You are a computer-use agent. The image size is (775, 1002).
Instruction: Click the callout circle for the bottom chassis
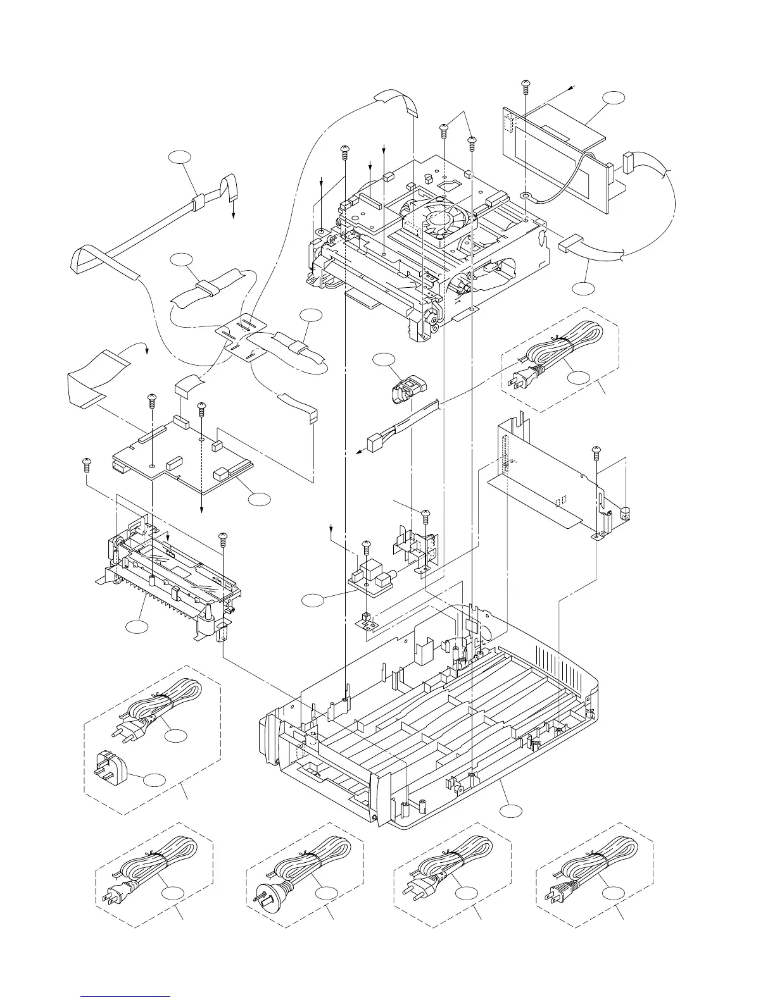(x=510, y=812)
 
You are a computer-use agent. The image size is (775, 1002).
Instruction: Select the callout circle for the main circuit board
(x=259, y=498)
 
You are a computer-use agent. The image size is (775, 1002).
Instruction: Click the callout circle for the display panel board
(x=613, y=98)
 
